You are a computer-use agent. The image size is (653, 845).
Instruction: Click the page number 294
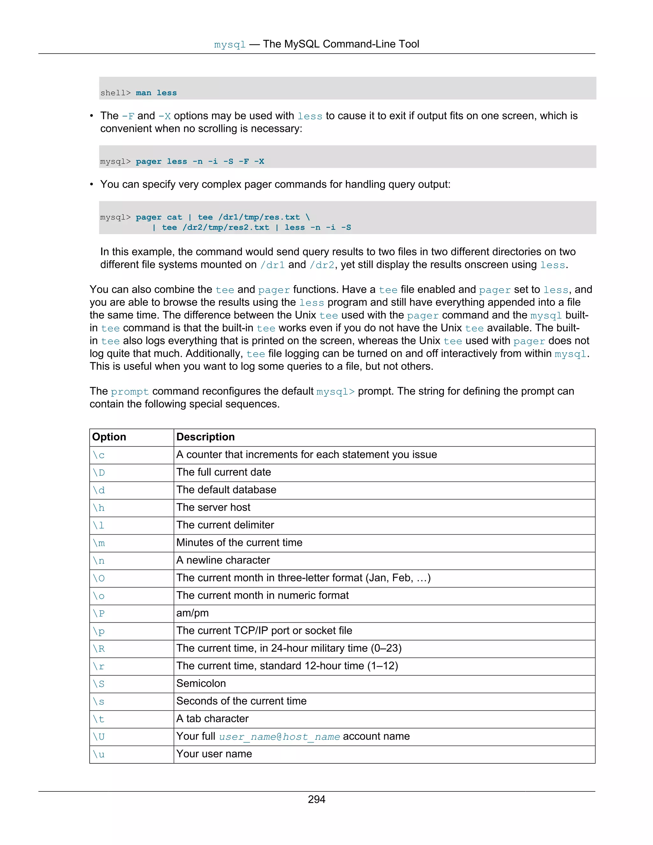click(x=316, y=799)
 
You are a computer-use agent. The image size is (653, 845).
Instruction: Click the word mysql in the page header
click(x=230, y=45)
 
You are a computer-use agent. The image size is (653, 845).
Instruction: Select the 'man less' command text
click(x=156, y=93)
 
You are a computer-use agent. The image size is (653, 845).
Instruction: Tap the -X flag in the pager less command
click(x=259, y=161)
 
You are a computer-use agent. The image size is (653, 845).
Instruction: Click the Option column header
click(x=109, y=437)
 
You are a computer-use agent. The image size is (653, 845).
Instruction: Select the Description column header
click(x=205, y=437)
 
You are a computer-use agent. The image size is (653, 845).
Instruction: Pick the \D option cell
click(x=99, y=473)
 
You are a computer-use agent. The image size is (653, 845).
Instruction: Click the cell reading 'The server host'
click(x=213, y=507)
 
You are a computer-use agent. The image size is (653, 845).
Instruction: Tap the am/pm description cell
click(x=192, y=613)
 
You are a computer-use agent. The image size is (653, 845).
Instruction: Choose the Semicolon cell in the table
click(x=201, y=683)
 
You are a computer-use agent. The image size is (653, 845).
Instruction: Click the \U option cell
click(x=99, y=736)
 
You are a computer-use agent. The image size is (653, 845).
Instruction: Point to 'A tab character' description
click(x=212, y=718)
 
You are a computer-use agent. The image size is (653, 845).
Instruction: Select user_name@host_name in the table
click(x=279, y=737)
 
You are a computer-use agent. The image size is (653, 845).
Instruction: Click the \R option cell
click(x=99, y=649)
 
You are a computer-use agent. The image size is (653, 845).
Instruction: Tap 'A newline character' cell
click(x=223, y=560)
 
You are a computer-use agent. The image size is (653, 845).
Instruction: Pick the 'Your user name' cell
click(x=214, y=754)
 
